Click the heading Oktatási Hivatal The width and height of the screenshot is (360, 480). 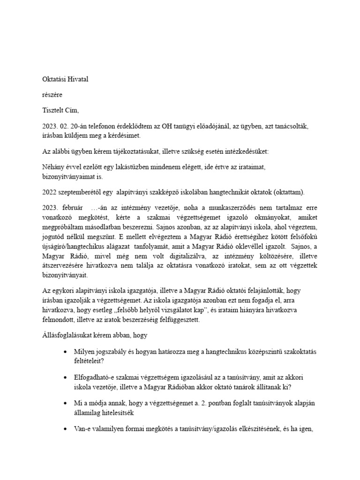(x=65, y=79)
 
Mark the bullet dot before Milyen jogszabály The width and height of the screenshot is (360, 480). (x=64, y=352)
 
